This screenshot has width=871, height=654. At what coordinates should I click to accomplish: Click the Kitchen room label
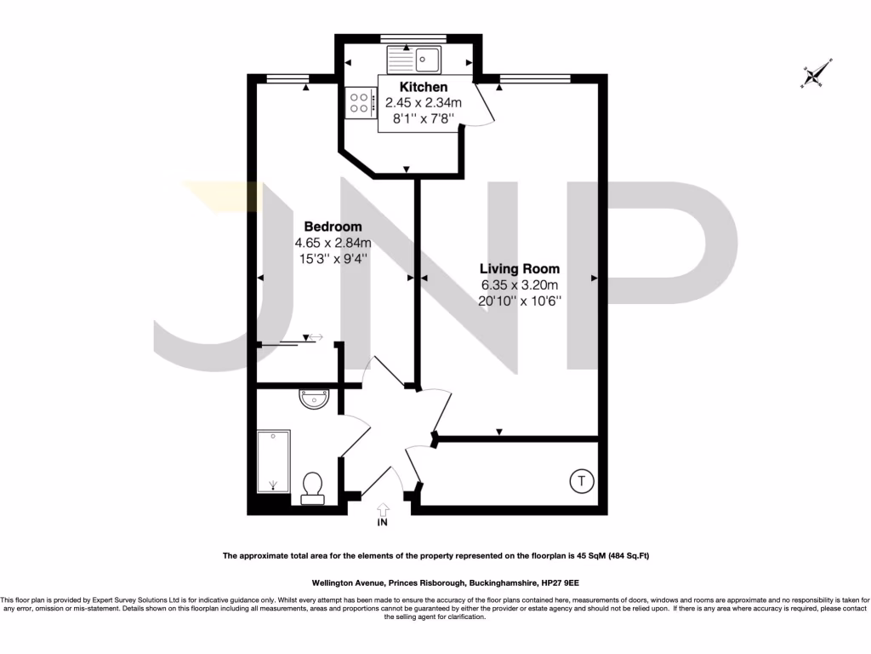pyautogui.click(x=423, y=87)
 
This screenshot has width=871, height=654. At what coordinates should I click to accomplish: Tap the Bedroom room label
pyautogui.click(x=333, y=227)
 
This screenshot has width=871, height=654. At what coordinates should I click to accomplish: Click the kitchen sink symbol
pyautogui.click(x=413, y=59)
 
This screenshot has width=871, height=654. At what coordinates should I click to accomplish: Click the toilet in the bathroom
pyautogui.click(x=312, y=486)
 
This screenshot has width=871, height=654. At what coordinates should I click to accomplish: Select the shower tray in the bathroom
pyautogui.click(x=274, y=462)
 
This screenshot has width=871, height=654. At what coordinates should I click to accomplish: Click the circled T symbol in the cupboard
pyautogui.click(x=581, y=482)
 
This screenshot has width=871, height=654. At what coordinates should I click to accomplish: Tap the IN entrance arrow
pyautogui.click(x=382, y=508)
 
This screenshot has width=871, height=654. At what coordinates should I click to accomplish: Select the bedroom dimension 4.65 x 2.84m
pyautogui.click(x=333, y=242)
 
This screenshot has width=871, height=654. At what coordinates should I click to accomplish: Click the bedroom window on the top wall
pyautogui.click(x=287, y=79)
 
